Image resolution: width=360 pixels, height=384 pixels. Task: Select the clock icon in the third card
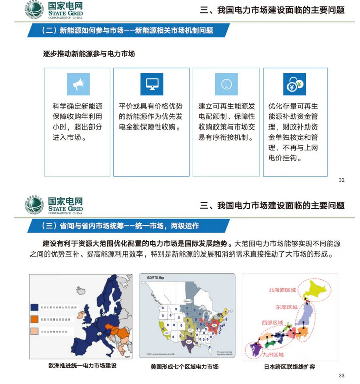[226, 84]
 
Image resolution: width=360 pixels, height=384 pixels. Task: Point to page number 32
[342, 180]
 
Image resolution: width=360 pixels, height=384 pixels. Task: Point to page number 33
[342, 375]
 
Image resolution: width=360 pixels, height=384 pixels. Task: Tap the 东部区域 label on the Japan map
[286, 306]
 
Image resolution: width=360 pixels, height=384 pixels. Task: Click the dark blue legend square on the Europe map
[34, 307]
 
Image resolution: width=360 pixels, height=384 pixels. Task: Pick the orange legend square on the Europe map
[34, 318]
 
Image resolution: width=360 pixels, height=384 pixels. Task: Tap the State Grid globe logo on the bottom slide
[35, 204]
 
